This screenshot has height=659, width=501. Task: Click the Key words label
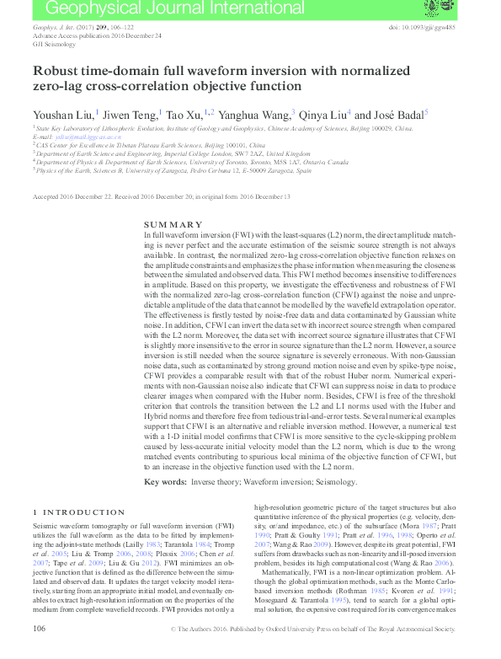coord(163,482)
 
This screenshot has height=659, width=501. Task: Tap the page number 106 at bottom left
coord(39,652)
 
